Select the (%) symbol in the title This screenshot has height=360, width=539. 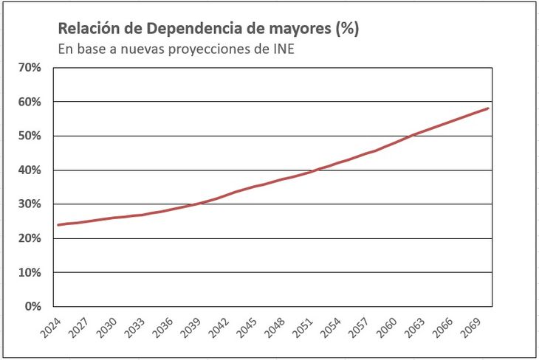click(346, 30)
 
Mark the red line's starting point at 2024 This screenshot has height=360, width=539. click(58, 225)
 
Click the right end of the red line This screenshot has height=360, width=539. click(489, 108)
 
